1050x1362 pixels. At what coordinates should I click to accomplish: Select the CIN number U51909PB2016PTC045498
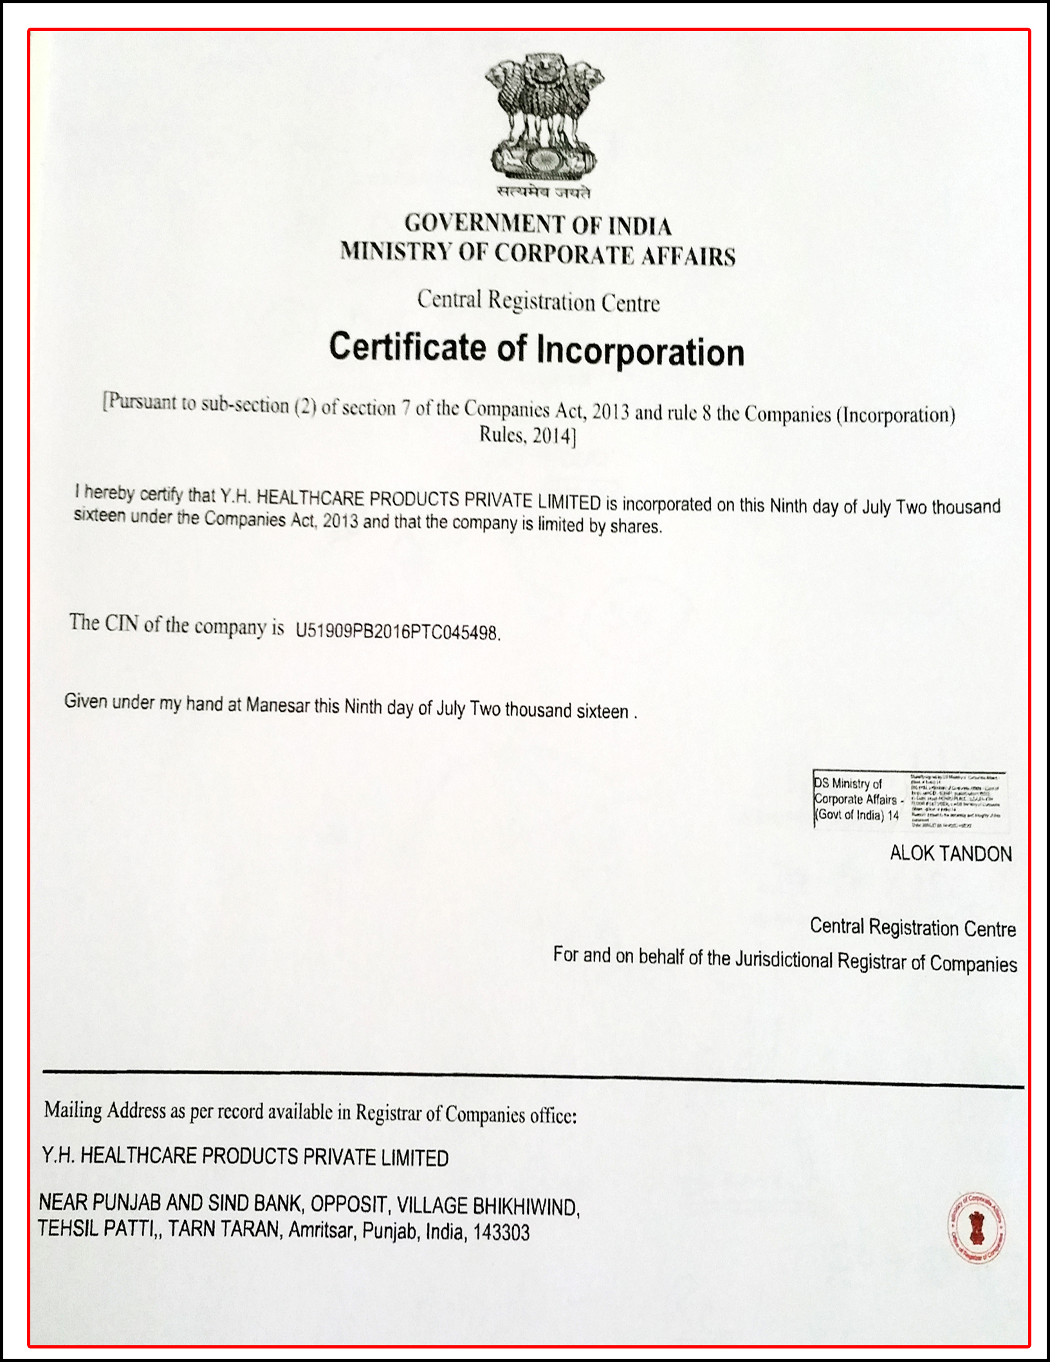397,631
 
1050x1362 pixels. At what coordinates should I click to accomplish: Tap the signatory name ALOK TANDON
950,854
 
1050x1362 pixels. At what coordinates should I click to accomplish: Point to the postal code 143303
501,1232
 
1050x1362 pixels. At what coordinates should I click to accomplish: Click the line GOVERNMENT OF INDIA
538,225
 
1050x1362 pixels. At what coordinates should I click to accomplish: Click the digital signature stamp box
910,799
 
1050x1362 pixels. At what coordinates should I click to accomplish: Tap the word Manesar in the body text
277,705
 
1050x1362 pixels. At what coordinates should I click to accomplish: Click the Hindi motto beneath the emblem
544,191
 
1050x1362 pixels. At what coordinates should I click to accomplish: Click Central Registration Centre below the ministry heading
538,301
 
